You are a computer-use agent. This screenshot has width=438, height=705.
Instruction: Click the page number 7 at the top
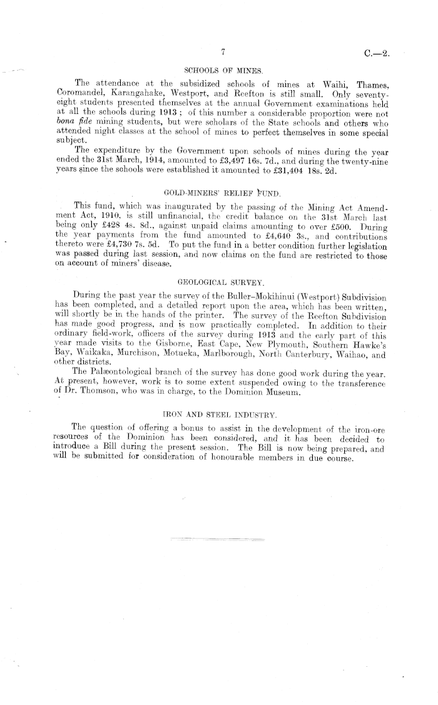(223, 53)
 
